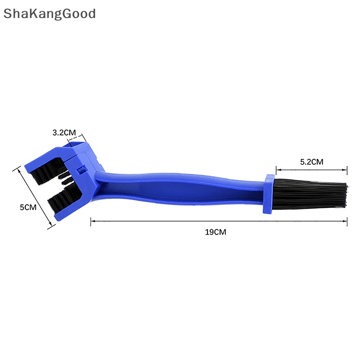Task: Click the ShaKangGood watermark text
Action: coord(49,14)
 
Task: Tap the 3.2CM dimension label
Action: coord(64,132)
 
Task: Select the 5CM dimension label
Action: coord(28,207)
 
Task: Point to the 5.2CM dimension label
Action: coord(311,162)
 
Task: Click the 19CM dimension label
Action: coord(216,232)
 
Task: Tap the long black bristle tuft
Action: coord(310,193)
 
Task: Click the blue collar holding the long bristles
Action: coord(268,194)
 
